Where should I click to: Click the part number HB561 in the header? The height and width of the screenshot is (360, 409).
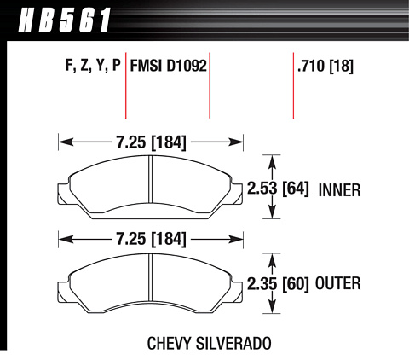(x=64, y=20)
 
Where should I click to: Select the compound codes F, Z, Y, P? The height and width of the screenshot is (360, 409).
(x=93, y=66)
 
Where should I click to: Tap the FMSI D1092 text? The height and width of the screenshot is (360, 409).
(x=168, y=66)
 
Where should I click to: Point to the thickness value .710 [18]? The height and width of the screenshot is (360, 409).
(x=325, y=67)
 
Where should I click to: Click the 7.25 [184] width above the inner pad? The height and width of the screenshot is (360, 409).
(x=151, y=142)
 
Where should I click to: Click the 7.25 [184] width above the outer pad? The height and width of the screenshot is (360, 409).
(x=151, y=239)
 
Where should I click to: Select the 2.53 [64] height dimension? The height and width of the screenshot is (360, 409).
(x=278, y=189)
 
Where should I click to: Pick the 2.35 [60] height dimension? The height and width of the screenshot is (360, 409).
(x=278, y=284)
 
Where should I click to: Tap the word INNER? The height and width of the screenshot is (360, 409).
(x=339, y=190)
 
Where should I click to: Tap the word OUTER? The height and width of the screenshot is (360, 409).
(x=338, y=283)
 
